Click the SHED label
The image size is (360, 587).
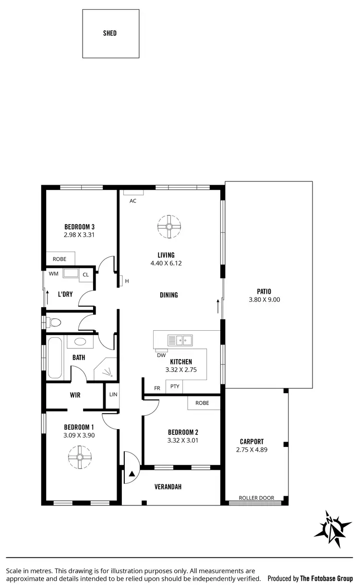tap(110, 34)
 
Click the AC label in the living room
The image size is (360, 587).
tap(133, 201)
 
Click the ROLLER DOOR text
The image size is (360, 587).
tap(256, 498)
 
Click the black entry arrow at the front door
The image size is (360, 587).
tap(131, 474)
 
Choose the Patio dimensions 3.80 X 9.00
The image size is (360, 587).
tap(264, 299)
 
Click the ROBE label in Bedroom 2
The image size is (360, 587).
tap(202, 403)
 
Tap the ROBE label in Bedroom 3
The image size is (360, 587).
tap(60, 259)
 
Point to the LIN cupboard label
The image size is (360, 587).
tap(113, 395)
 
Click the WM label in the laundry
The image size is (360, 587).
tap(53, 275)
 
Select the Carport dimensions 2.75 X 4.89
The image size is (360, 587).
tap(252, 450)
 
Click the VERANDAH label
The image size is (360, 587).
tap(168, 487)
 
